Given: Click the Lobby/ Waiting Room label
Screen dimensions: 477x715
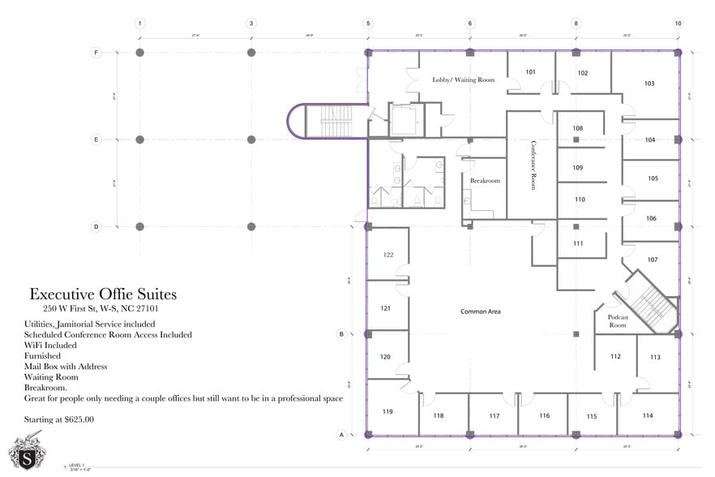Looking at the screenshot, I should click(x=463, y=79).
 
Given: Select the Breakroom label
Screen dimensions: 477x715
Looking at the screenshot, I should click(x=485, y=181).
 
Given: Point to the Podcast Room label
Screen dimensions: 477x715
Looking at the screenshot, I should click(x=617, y=321).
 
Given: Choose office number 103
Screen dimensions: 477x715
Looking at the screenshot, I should click(x=649, y=84).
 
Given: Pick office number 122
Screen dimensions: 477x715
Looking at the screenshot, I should click(x=387, y=255).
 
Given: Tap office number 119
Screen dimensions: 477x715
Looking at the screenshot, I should click(x=387, y=411).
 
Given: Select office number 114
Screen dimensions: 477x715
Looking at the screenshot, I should click(x=647, y=415).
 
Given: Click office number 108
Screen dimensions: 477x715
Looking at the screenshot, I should click(x=578, y=128).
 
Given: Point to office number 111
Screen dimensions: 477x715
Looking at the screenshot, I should click(x=578, y=243).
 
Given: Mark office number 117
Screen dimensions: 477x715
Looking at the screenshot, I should click(x=495, y=416).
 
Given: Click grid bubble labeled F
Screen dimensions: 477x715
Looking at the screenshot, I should click(x=96, y=53).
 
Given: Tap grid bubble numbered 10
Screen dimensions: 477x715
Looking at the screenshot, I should click(x=678, y=24).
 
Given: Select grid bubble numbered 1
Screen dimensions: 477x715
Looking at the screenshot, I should click(x=140, y=24).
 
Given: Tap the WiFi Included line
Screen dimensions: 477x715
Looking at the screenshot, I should click(x=50, y=345).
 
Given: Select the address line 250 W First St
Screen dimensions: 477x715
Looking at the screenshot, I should click(x=100, y=309).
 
